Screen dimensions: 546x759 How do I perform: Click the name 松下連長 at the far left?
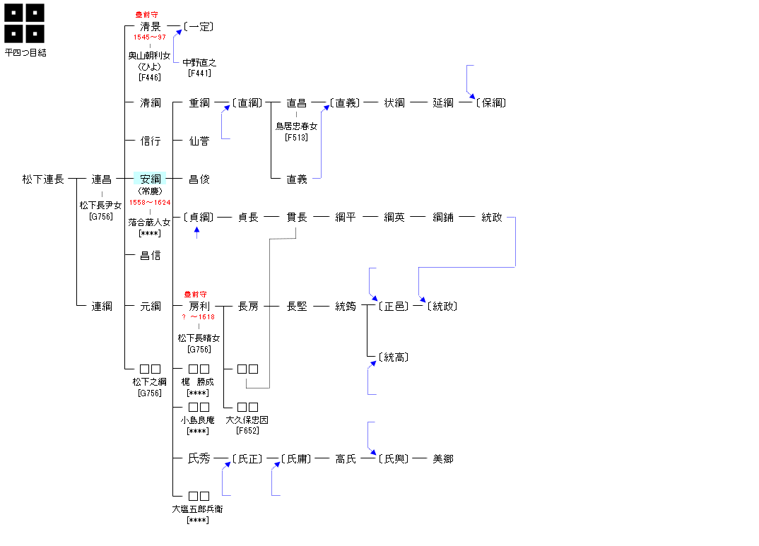pyautogui.click(x=43, y=179)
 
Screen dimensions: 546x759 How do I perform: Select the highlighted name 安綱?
pyautogui.click(x=150, y=179)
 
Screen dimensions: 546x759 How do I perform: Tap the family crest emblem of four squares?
pyautogui.click(x=25, y=23)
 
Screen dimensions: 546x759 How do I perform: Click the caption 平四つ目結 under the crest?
pyautogui.click(x=26, y=52)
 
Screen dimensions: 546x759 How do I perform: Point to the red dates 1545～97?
pyautogui.click(x=150, y=37)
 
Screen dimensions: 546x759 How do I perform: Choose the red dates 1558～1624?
pyautogui.click(x=150, y=203)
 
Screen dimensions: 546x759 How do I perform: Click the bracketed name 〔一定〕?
pyautogui.click(x=199, y=27)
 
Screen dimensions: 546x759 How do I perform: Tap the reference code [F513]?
pyautogui.click(x=297, y=138)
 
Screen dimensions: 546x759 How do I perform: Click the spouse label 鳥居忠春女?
pyautogui.click(x=297, y=126)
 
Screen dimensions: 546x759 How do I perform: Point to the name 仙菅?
pyautogui.click(x=199, y=141)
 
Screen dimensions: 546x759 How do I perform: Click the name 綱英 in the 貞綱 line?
pyautogui.click(x=394, y=218)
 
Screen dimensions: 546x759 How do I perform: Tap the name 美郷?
pyautogui.click(x=443, y=459)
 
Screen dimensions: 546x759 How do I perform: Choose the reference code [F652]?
pyautogui.click(x=247, y=430)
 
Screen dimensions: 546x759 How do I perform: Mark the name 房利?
pyautogui.click(x=199, y=307)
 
